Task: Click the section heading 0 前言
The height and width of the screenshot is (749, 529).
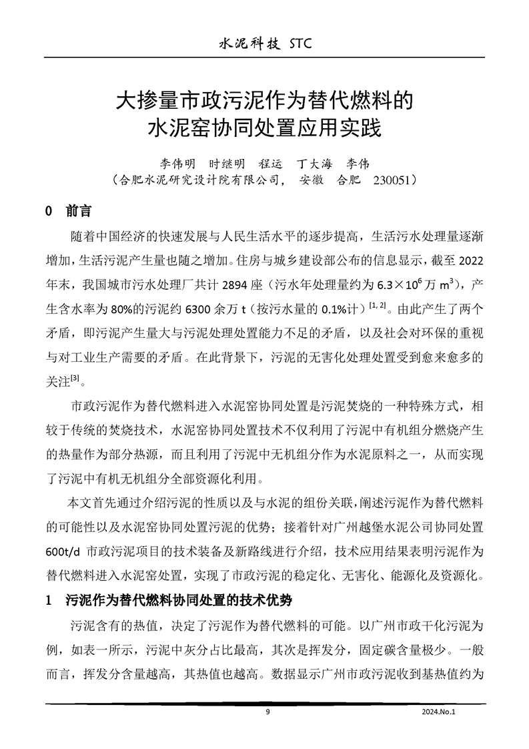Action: [x=68, y=212]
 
